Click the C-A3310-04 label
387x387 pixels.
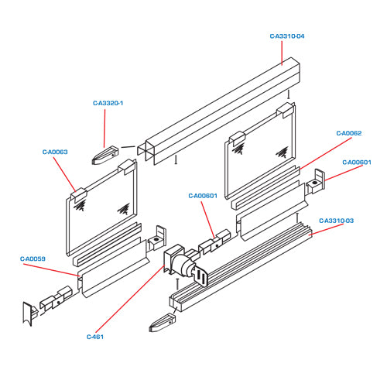pos(287,36)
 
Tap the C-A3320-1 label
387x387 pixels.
pos(108,103)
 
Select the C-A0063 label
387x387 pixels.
pos(55,152)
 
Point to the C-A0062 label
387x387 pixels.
pos(349,133)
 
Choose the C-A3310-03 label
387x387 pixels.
pos(336,221)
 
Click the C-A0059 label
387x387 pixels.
pos(33,259)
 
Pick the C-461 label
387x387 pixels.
pos(95,337)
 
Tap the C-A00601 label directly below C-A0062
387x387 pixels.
pos(357,163)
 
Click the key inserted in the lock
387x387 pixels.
pos(201,276)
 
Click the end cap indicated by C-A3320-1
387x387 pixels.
pos(104,156)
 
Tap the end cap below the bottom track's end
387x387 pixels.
pos(163,323)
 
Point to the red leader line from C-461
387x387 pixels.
pos(130,299)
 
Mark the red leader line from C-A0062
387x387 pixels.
pos(325,153)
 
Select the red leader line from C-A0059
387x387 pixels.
pos(51,270)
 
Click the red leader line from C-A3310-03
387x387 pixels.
pos(327,229)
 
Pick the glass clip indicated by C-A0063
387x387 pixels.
pos(78,195)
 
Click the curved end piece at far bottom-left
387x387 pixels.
pos(29,313)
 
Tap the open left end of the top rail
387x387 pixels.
pos(146,152)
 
